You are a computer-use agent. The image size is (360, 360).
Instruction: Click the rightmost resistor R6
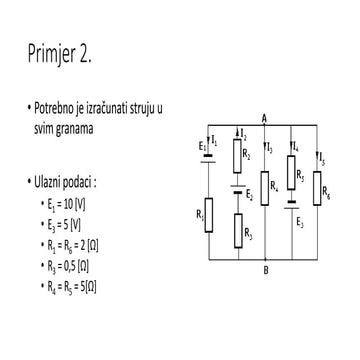317,185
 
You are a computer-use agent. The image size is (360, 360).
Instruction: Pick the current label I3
269,149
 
